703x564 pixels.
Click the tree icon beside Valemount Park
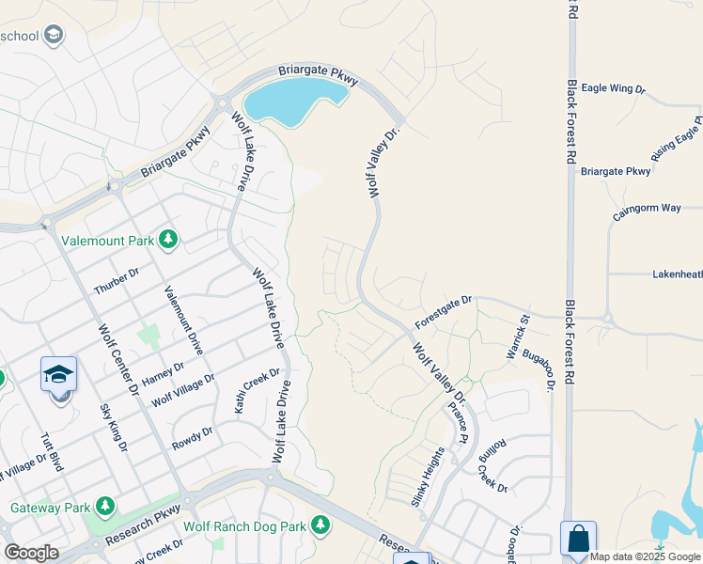point(168,240)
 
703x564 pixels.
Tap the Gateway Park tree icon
point(104,507)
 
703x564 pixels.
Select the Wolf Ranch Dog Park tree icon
point(320,525)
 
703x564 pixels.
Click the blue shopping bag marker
point(578,539)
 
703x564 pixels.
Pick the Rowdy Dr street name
point(195,438)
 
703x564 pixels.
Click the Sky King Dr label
point(113,428)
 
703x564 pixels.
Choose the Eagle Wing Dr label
point(614,88)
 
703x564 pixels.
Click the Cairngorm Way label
point(647,209)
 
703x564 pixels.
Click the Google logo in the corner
point(31,552)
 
